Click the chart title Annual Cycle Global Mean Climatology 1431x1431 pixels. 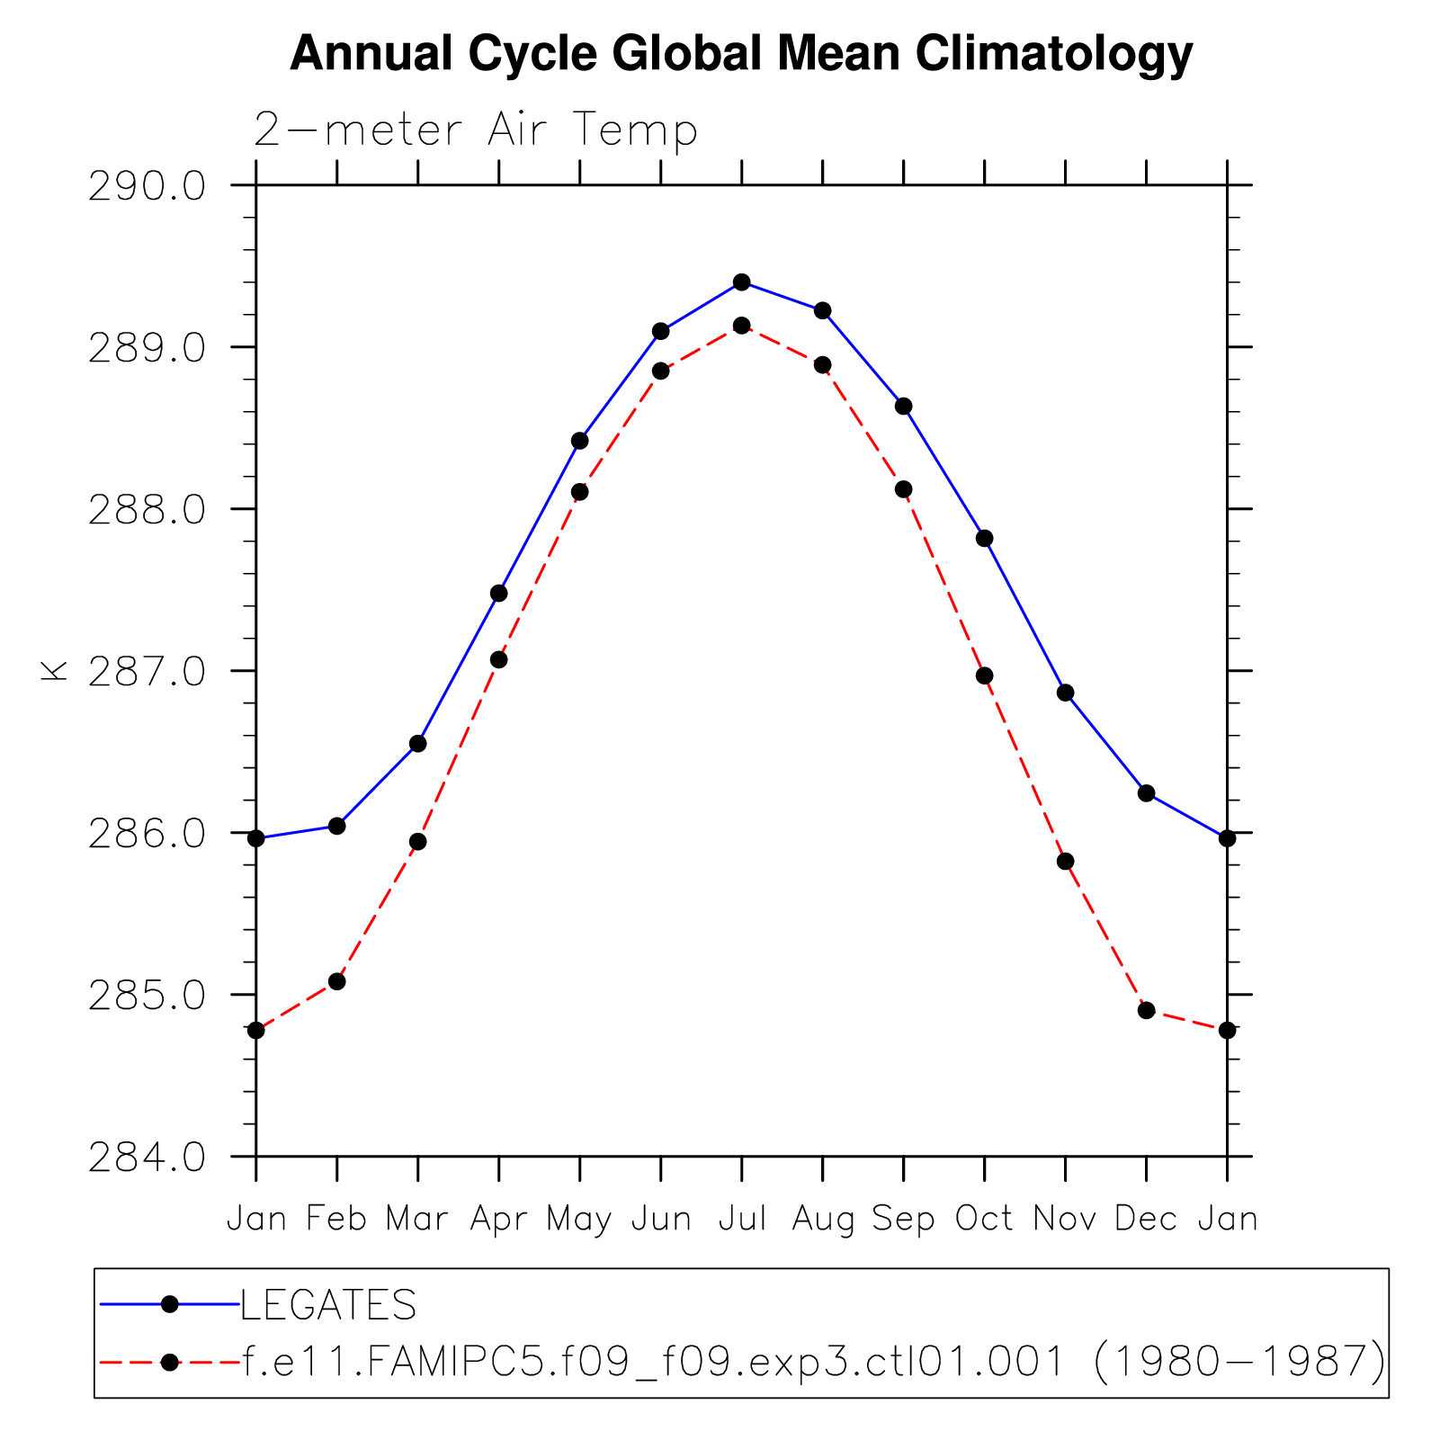click(741, 54)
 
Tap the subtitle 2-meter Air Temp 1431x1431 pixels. click(476, 130)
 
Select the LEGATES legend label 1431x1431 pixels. click(328, 1305)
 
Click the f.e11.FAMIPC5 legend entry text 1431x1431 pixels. click(814, 1362)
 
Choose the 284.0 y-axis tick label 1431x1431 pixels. click(147, 1158)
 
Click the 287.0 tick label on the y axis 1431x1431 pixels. click(147, 672)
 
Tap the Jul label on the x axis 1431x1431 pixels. click(742, 1219)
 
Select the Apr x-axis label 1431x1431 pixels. click(499, 1219)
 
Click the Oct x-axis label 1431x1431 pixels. click(984, 1219)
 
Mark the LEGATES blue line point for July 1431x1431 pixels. click(741, 282)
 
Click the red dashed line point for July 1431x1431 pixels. click(741, 326)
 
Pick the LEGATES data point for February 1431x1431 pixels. click(336, 826)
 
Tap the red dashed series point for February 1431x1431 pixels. click(336, 981)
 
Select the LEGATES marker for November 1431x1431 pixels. click(1065, 693)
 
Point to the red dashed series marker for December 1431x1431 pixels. click(1146, 1010)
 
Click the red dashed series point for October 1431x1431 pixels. click(984, 675)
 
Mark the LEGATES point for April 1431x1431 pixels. click(498, 594)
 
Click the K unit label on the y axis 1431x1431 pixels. click(54, 671)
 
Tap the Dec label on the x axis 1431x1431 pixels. click(1146, 1219)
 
